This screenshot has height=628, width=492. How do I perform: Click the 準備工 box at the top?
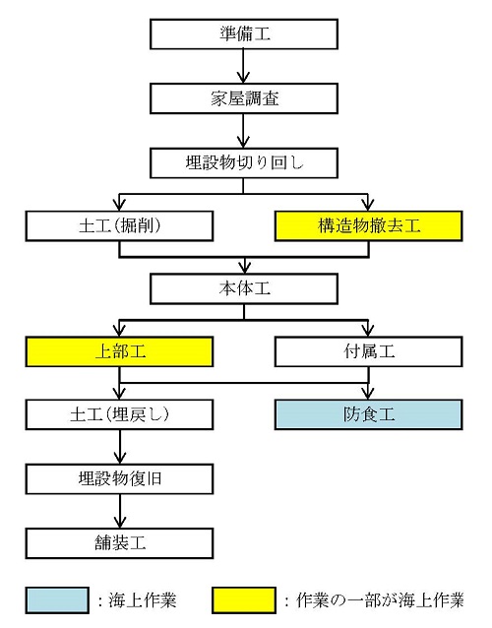tap(244, 34)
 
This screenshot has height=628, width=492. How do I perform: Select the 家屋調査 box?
tap(244, 98)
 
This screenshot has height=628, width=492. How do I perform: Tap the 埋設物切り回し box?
tap(244, 163)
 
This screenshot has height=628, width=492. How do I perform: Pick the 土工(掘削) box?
tap(119, 226)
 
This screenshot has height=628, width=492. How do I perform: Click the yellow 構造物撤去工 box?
tap(369, 226)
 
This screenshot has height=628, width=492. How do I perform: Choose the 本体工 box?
tap(244, 288)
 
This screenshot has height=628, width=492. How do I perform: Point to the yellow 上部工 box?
tap(119, 351)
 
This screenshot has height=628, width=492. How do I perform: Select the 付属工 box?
tap(369, 351)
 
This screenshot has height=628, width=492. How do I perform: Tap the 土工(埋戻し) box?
tap(119, 414)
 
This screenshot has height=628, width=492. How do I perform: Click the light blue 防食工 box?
tap(369, 414)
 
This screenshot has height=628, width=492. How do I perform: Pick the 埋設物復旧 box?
tap(119, 479)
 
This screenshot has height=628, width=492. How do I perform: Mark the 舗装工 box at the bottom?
tap(119, 543)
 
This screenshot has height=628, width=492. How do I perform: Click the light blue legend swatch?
tap(57, 600)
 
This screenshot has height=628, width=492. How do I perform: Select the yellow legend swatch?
tap(244, 600)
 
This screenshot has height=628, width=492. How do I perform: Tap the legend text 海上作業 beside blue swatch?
tap(142, 600)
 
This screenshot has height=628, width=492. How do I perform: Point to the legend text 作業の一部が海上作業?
tap(380, 600)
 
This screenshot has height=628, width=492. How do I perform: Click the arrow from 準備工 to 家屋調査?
tap(243, 66)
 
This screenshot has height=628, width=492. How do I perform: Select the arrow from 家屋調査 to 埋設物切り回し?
tap(243, 131)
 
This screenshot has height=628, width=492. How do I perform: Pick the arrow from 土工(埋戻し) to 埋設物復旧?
tap(120, 447)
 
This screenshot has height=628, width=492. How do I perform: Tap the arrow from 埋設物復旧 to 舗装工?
tap(120, 511)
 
